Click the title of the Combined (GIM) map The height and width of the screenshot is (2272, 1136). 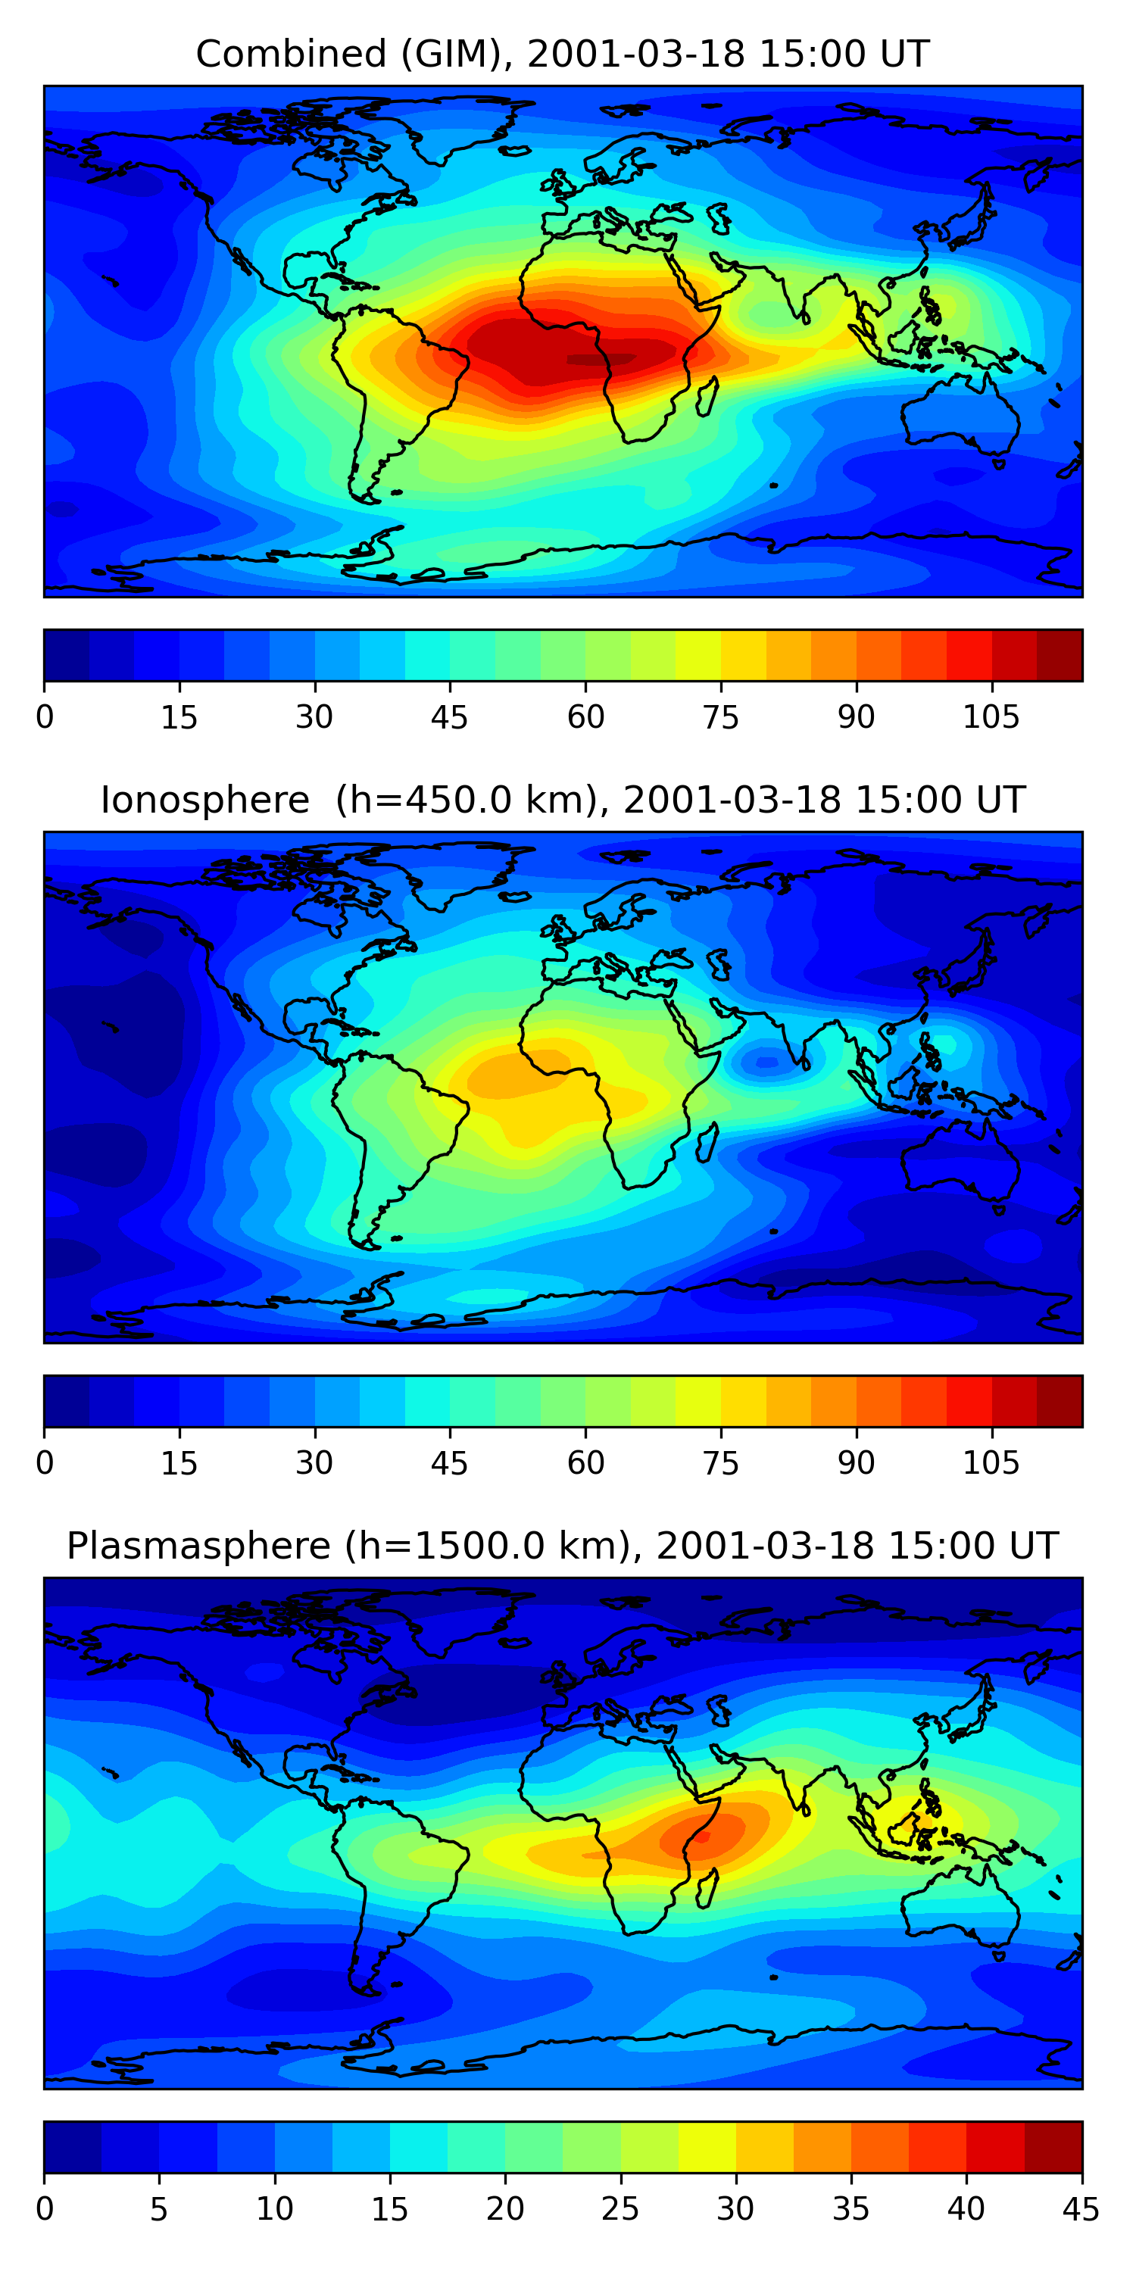[x=562, y=54]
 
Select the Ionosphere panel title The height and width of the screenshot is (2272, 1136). [x=562, y=800]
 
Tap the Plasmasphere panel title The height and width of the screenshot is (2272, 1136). [x=562, y=1546]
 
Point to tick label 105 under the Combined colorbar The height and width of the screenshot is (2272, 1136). [x=991, y=717]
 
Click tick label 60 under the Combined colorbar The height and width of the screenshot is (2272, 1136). [x=585, y=717]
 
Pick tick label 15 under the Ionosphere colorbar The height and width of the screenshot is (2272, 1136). [x=179, y=1463]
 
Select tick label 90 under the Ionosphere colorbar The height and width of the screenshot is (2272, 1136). [x=856, y=1463]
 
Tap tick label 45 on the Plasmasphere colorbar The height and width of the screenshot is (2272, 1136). [x=1081, y=2209]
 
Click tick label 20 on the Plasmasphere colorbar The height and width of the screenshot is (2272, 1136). [x=504, y=2209]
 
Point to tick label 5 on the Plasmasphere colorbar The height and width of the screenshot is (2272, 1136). [x=159, y=2209]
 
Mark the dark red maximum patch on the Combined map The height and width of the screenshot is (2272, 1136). [x=600, y=359]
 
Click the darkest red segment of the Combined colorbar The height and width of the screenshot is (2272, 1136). [x=1060, y=655]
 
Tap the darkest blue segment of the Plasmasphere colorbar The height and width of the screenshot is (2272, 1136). [x=72, y=2148]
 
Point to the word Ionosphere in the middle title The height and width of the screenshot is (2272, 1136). [x=204, y=800]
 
